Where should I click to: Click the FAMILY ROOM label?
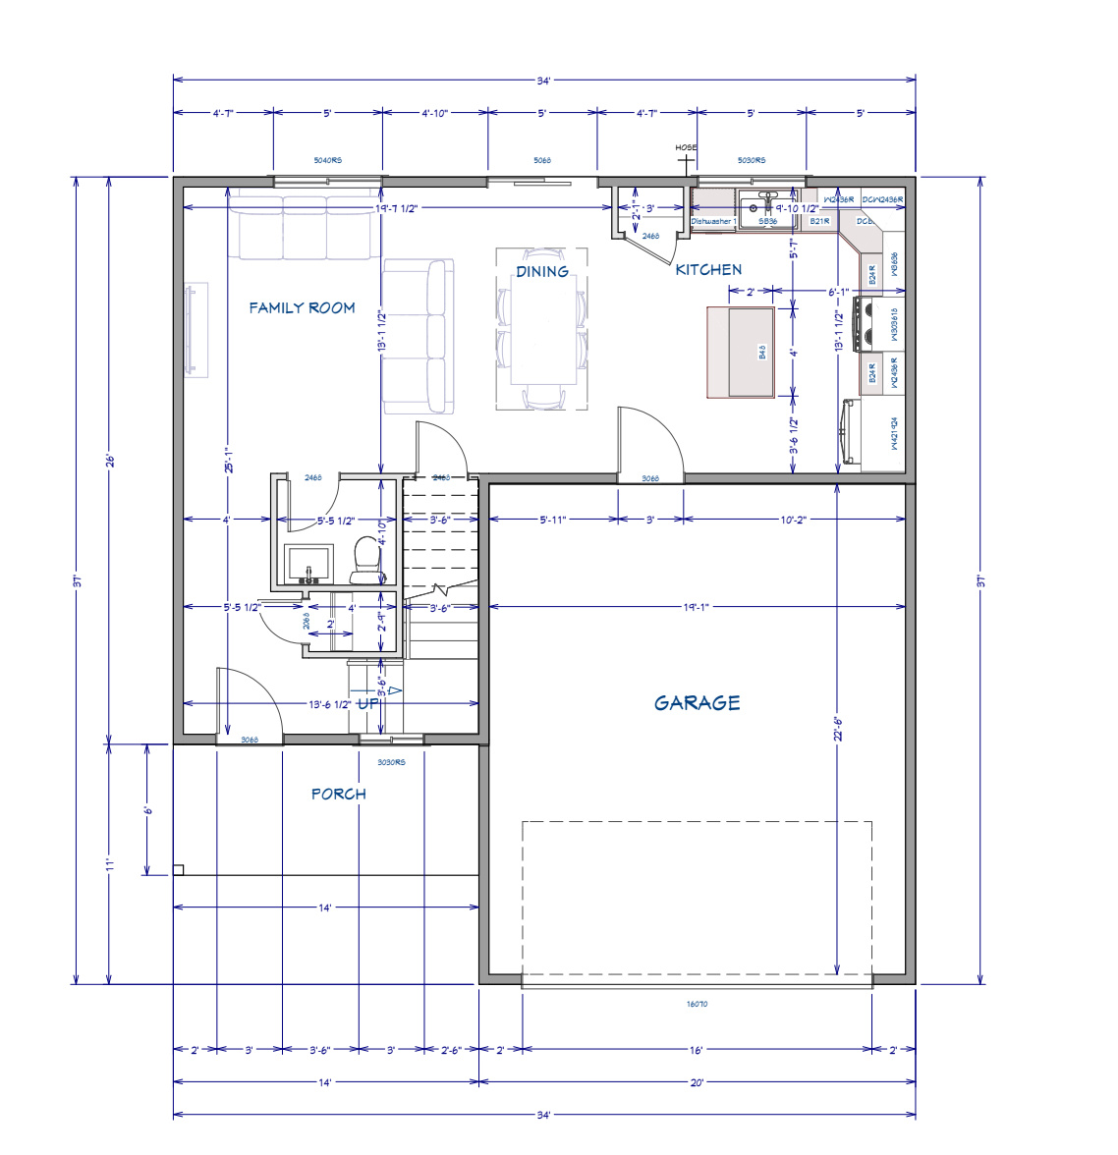tap(302, 307)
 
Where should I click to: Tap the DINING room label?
tap(542, 271)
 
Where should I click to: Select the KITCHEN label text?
tap(708, 269)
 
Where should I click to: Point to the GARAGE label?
tap(698, 702)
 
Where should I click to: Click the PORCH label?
tap(339, 794)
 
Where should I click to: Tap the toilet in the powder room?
tap(365, 560)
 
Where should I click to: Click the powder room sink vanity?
tap(307, 565)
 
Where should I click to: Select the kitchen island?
tap(740, 352)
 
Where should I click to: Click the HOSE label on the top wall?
tap(686, 148)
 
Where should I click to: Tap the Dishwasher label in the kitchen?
tap(712, 222)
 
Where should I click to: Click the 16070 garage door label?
tap(697, 1004)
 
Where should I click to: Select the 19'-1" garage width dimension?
tap(697, 607)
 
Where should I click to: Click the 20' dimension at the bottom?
tap(697, 1082)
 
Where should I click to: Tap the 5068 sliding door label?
tap(542, 160)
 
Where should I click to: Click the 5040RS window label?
tap(327, 160)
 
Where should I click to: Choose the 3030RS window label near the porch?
tap(391, 761)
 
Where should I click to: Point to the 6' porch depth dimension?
tap(147, 810)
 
